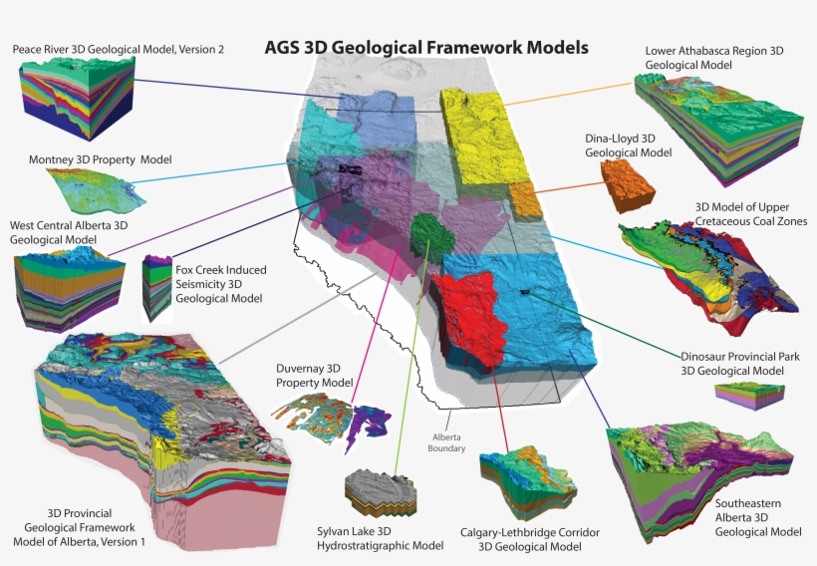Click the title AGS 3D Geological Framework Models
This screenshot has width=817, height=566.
[x=425, y=48]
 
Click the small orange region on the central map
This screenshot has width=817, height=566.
[x=525, y=202]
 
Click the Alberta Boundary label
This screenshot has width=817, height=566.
[x=447, y=442]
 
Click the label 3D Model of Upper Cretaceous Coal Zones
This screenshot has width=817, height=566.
[x=750, y=214]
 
